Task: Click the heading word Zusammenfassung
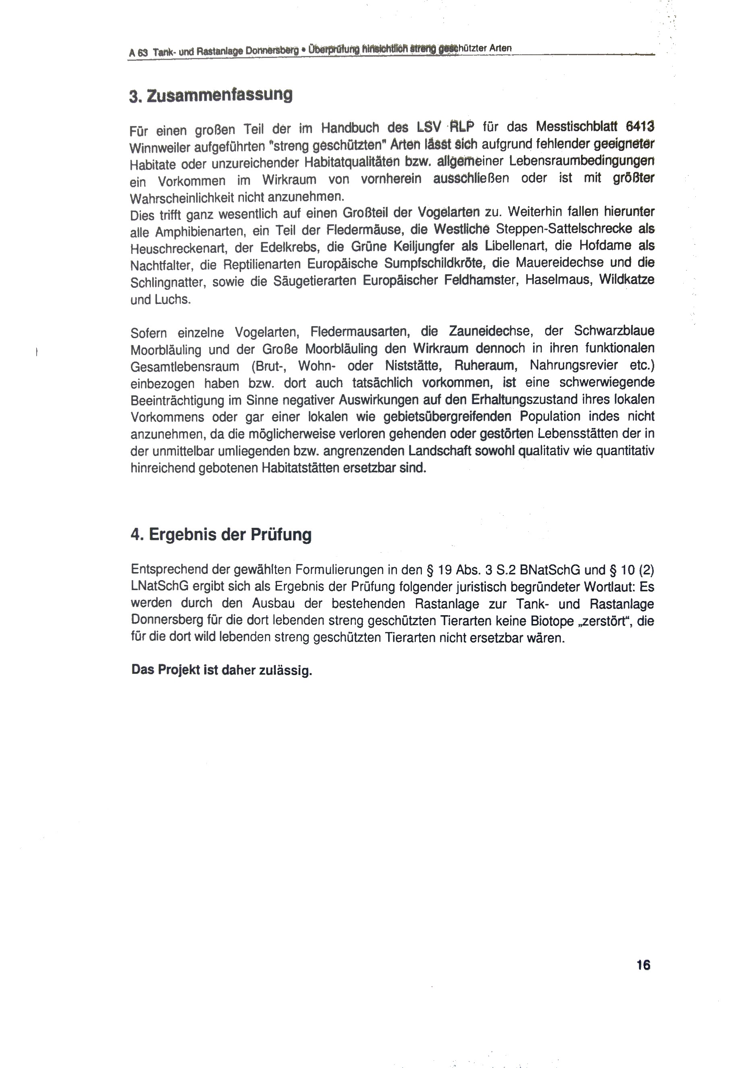219,95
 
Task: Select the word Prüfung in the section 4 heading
281,535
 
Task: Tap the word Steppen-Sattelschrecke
564,229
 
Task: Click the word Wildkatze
627,280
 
